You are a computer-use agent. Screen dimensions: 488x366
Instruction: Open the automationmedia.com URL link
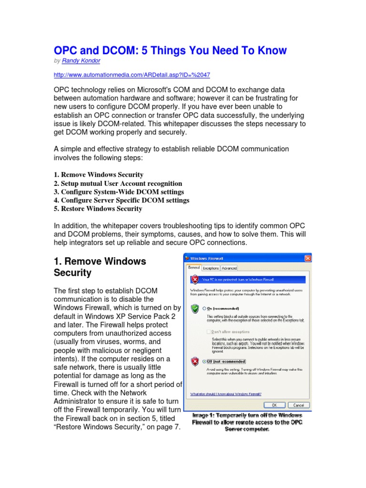coord(132,75)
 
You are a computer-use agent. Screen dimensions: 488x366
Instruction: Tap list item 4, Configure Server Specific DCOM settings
coord(121,200)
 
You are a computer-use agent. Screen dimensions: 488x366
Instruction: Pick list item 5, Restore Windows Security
coord(98,209)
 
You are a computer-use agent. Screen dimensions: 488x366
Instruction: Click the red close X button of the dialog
coord(308,258)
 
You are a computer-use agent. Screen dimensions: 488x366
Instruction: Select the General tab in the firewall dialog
coord(193,268)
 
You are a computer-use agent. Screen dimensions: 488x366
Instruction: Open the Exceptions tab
coord(211,268)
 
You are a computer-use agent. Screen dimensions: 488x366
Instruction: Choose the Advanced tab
coord(229,268)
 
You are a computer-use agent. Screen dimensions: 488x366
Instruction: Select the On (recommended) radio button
coord(204,308)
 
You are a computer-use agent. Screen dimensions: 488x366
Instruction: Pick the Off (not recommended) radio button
coord(204,362)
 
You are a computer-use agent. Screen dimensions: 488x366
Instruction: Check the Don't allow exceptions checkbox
coord(208,331)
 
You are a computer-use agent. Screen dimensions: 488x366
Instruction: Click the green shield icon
coord(194,308)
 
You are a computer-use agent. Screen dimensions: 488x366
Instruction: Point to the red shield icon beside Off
coord(194,362)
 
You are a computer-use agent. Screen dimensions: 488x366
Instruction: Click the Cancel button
coord(298,405)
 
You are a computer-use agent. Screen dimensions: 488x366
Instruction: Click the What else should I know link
coord(225,394)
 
